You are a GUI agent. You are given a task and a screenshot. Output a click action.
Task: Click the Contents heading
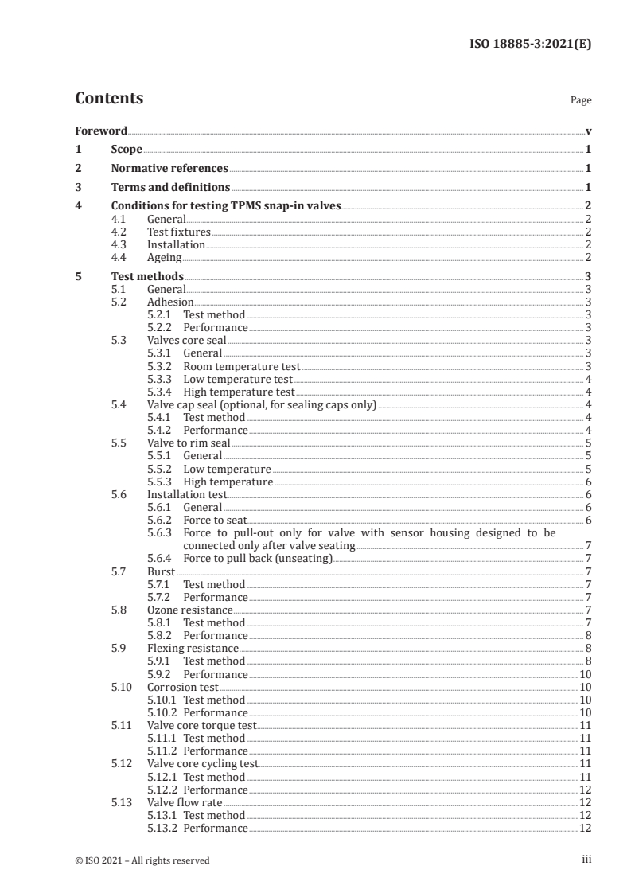109,99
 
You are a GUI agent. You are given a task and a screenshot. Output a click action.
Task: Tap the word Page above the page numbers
580,101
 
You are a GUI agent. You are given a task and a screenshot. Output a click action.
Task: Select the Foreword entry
101,131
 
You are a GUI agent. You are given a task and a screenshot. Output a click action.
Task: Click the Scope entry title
127,150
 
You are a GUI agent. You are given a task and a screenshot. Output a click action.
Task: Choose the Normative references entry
169,169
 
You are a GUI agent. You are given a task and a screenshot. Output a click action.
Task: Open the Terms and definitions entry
170,188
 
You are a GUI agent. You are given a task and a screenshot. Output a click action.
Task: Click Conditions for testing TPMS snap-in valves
226,206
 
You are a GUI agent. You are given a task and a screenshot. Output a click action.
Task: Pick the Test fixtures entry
179,232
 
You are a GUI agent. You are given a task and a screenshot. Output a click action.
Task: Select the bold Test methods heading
147,276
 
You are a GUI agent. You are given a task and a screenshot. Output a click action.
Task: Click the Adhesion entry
170,302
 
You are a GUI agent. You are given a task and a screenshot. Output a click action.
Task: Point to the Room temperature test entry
242,366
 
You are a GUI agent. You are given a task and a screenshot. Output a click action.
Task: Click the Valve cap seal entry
262,405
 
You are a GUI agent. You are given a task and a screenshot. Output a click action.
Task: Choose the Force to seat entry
215,520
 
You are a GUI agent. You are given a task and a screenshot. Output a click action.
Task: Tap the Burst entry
161,571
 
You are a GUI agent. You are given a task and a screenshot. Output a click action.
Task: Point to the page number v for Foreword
587,131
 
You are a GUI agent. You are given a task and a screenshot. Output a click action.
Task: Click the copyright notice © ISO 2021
142,860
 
